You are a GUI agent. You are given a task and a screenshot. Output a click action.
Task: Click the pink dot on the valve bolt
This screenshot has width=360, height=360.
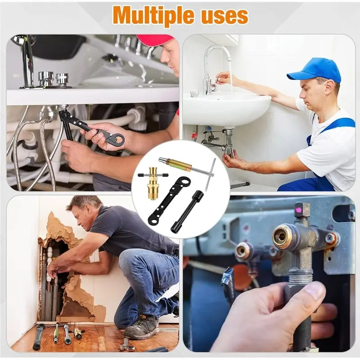coord(299,209)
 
